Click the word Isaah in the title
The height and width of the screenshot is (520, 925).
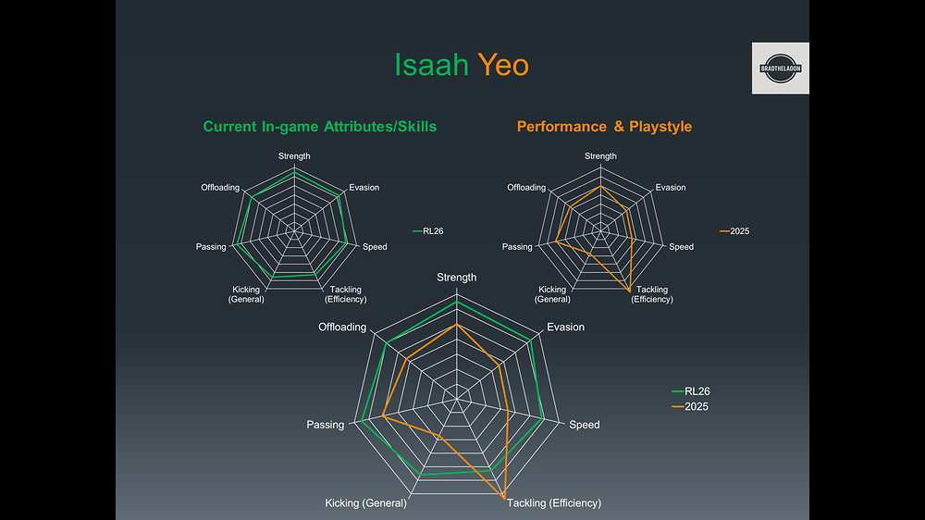[431, 66]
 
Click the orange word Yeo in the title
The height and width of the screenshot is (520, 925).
[503, 66]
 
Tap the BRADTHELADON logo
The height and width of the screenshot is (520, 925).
[780, 68]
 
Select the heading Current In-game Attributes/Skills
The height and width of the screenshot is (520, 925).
[319, 127]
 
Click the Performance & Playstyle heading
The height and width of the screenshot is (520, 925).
[604, 127]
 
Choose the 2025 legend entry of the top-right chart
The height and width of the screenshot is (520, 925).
[735, 231]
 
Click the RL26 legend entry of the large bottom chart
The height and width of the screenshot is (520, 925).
[691, 391]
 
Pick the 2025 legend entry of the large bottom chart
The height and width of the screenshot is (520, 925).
[691, 407]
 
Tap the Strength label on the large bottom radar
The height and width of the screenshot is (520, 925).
[457, 278]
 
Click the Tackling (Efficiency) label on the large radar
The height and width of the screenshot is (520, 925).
[553, 503]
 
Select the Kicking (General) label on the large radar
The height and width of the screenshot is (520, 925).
[365, 503]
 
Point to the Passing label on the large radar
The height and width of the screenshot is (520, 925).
[326, 425]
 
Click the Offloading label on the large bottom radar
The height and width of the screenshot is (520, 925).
[342, 328]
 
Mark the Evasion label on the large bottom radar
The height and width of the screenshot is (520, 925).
[565, 328]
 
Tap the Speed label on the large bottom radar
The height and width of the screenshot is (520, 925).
[585, 425]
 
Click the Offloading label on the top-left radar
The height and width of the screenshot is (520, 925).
[220, 188]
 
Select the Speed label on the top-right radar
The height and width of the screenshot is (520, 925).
[682, 247]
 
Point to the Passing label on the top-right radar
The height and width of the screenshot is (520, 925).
[517, 247]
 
